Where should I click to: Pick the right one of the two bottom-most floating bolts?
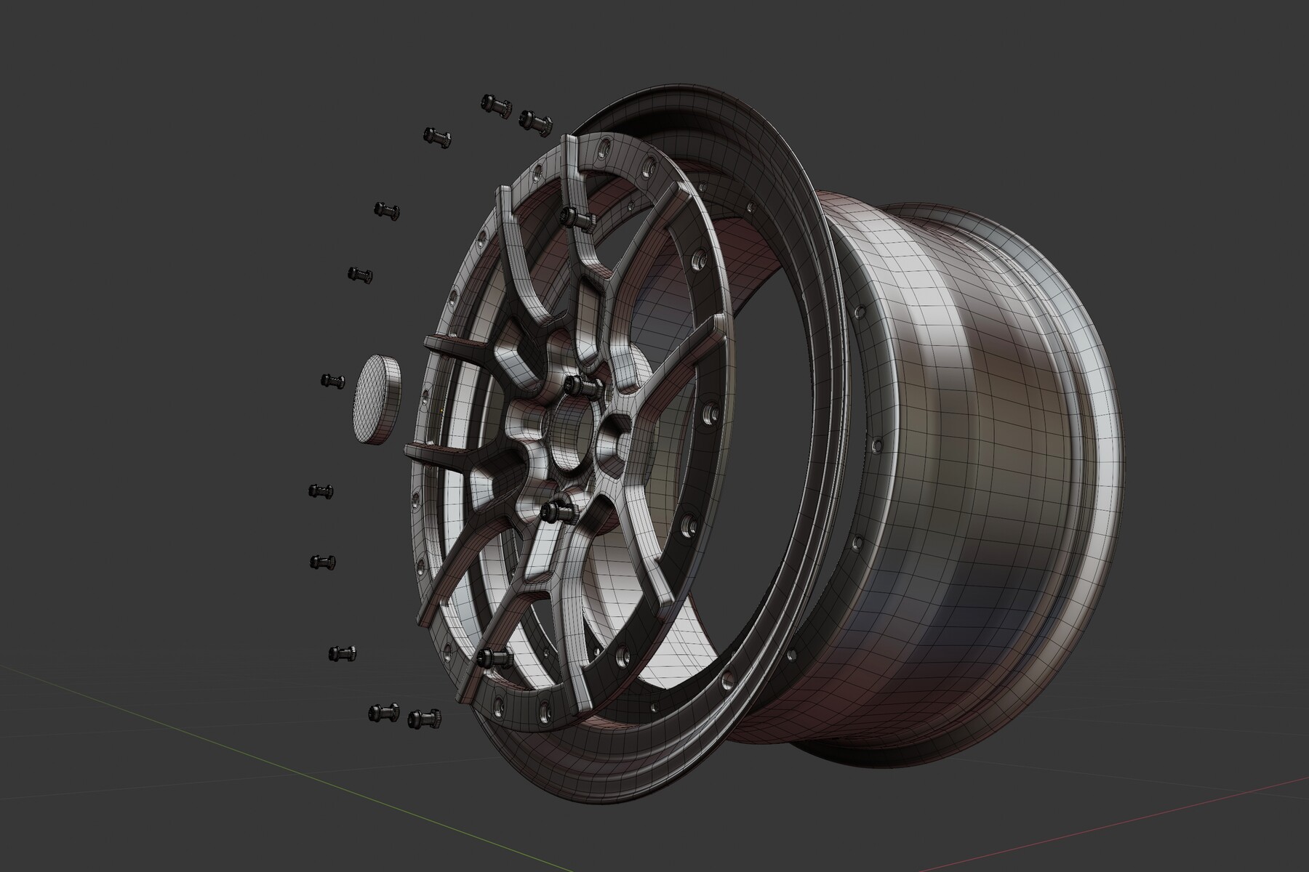click(423, 719)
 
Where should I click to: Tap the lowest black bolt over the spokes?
click(495, 658)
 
